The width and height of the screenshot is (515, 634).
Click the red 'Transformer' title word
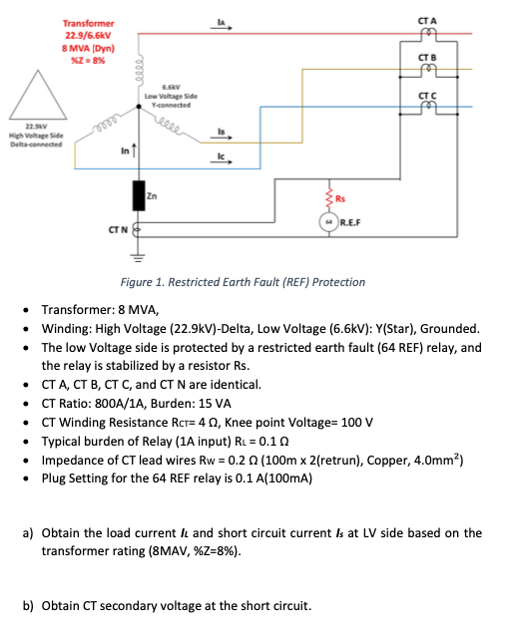[x=88, y=23]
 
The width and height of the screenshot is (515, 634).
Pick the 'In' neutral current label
[x=123, y=153]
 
